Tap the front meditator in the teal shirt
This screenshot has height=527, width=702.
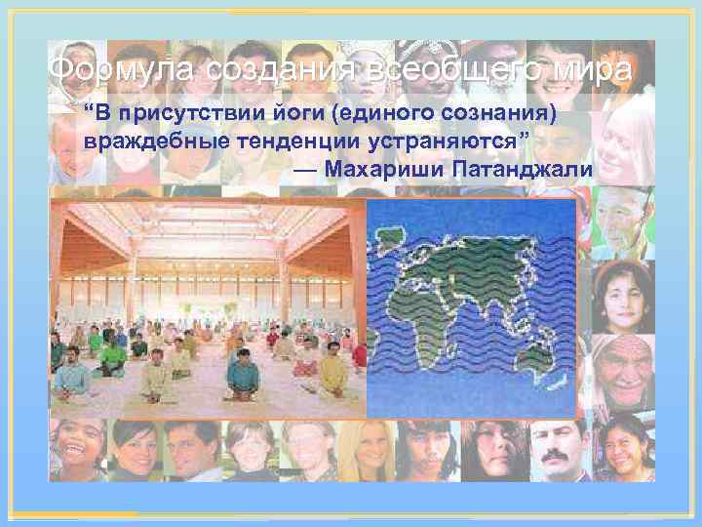239,375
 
